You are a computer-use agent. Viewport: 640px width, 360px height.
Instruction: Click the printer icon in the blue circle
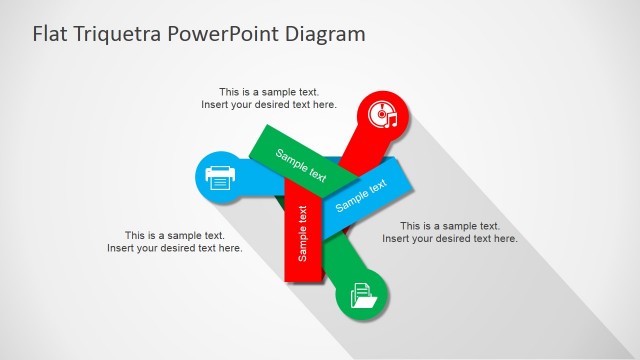220,177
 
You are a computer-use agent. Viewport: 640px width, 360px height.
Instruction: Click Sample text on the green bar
301,165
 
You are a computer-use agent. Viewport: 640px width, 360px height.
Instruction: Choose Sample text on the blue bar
361,195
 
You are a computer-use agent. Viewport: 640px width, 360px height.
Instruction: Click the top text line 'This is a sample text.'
269,92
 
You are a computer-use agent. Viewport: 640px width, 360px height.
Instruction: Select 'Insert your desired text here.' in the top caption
269,105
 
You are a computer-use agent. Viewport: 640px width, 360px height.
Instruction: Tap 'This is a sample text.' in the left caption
174,235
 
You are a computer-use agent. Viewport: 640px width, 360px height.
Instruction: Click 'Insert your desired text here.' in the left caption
174,248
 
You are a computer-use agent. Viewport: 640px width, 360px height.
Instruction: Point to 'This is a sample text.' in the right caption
450,226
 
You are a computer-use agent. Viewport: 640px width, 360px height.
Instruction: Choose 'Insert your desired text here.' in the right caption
450,239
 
